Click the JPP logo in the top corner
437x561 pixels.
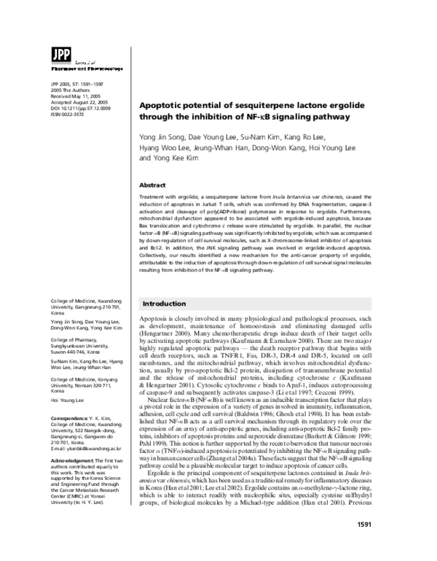pos(58,54)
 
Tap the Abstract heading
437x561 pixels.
pos(152,185)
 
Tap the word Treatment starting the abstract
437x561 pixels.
pos(154,199)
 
